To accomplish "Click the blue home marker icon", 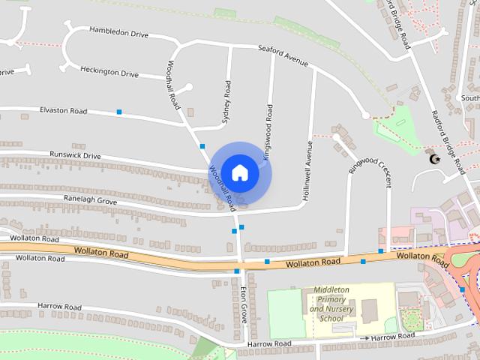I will pyautogui.click(x=240, y=172).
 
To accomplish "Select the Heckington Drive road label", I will pyautogui.click(x=109, y=73).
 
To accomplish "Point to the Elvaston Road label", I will pyautogui.click(x=64, y=111).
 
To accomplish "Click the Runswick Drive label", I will pyautogui.click(x=75, y=155).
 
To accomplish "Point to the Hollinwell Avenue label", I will pyautogui.click(x=307, y=163).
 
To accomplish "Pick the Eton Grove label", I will pyautogui.click(x=243, y=304).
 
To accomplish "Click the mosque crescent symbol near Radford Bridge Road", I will pyautogui.click(x=433, y=158).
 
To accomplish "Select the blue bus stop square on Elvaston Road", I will pyautogui.click(x=118, y=112).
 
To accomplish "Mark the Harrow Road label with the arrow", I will pyautogui.click(x=385, y=338).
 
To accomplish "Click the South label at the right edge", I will pyautogui.click(x=470, y=98).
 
